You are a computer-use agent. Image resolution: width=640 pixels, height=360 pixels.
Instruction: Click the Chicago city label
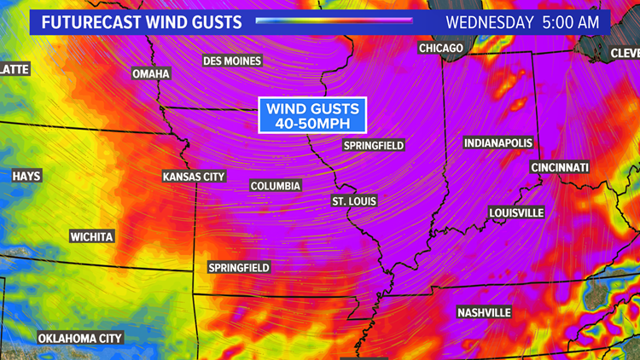440,49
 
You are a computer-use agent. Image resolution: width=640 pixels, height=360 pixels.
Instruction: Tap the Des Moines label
232,61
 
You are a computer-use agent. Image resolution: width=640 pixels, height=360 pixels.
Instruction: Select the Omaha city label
151,73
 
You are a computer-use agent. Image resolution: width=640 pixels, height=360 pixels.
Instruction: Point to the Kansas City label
194,177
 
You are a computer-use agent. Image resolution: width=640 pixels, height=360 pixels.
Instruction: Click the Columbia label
275,186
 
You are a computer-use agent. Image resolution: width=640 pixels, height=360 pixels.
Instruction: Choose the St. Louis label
354,201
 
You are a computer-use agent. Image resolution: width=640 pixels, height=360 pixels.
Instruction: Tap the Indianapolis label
498,142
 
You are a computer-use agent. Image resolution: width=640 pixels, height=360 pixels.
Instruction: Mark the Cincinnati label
559,167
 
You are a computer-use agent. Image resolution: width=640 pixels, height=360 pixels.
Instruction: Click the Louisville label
516,212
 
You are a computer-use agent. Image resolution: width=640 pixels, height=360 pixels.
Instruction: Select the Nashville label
484,313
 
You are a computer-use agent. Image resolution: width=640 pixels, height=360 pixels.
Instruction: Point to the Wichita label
91,236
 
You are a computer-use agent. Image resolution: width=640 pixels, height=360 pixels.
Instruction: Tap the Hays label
26,177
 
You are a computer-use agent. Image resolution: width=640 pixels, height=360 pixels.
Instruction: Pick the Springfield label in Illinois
373,146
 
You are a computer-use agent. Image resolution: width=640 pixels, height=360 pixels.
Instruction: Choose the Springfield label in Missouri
239,268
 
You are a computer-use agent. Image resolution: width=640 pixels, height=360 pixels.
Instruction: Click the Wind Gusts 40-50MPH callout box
313,115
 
